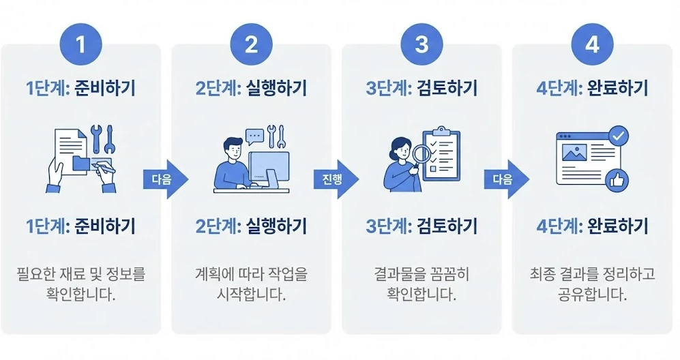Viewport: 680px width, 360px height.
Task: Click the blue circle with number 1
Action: [80, 45]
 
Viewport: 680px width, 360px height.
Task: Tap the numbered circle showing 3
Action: [422, 45]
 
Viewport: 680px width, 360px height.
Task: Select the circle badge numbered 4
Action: [592, 45]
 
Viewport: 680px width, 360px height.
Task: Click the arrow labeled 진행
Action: [336, 179]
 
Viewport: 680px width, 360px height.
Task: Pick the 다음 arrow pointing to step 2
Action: [165, 179]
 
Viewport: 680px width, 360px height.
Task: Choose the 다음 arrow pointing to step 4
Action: [506, 179]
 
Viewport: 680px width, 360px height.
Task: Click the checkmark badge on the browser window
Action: [619, 136]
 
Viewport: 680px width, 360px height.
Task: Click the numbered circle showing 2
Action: [251, 45]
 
